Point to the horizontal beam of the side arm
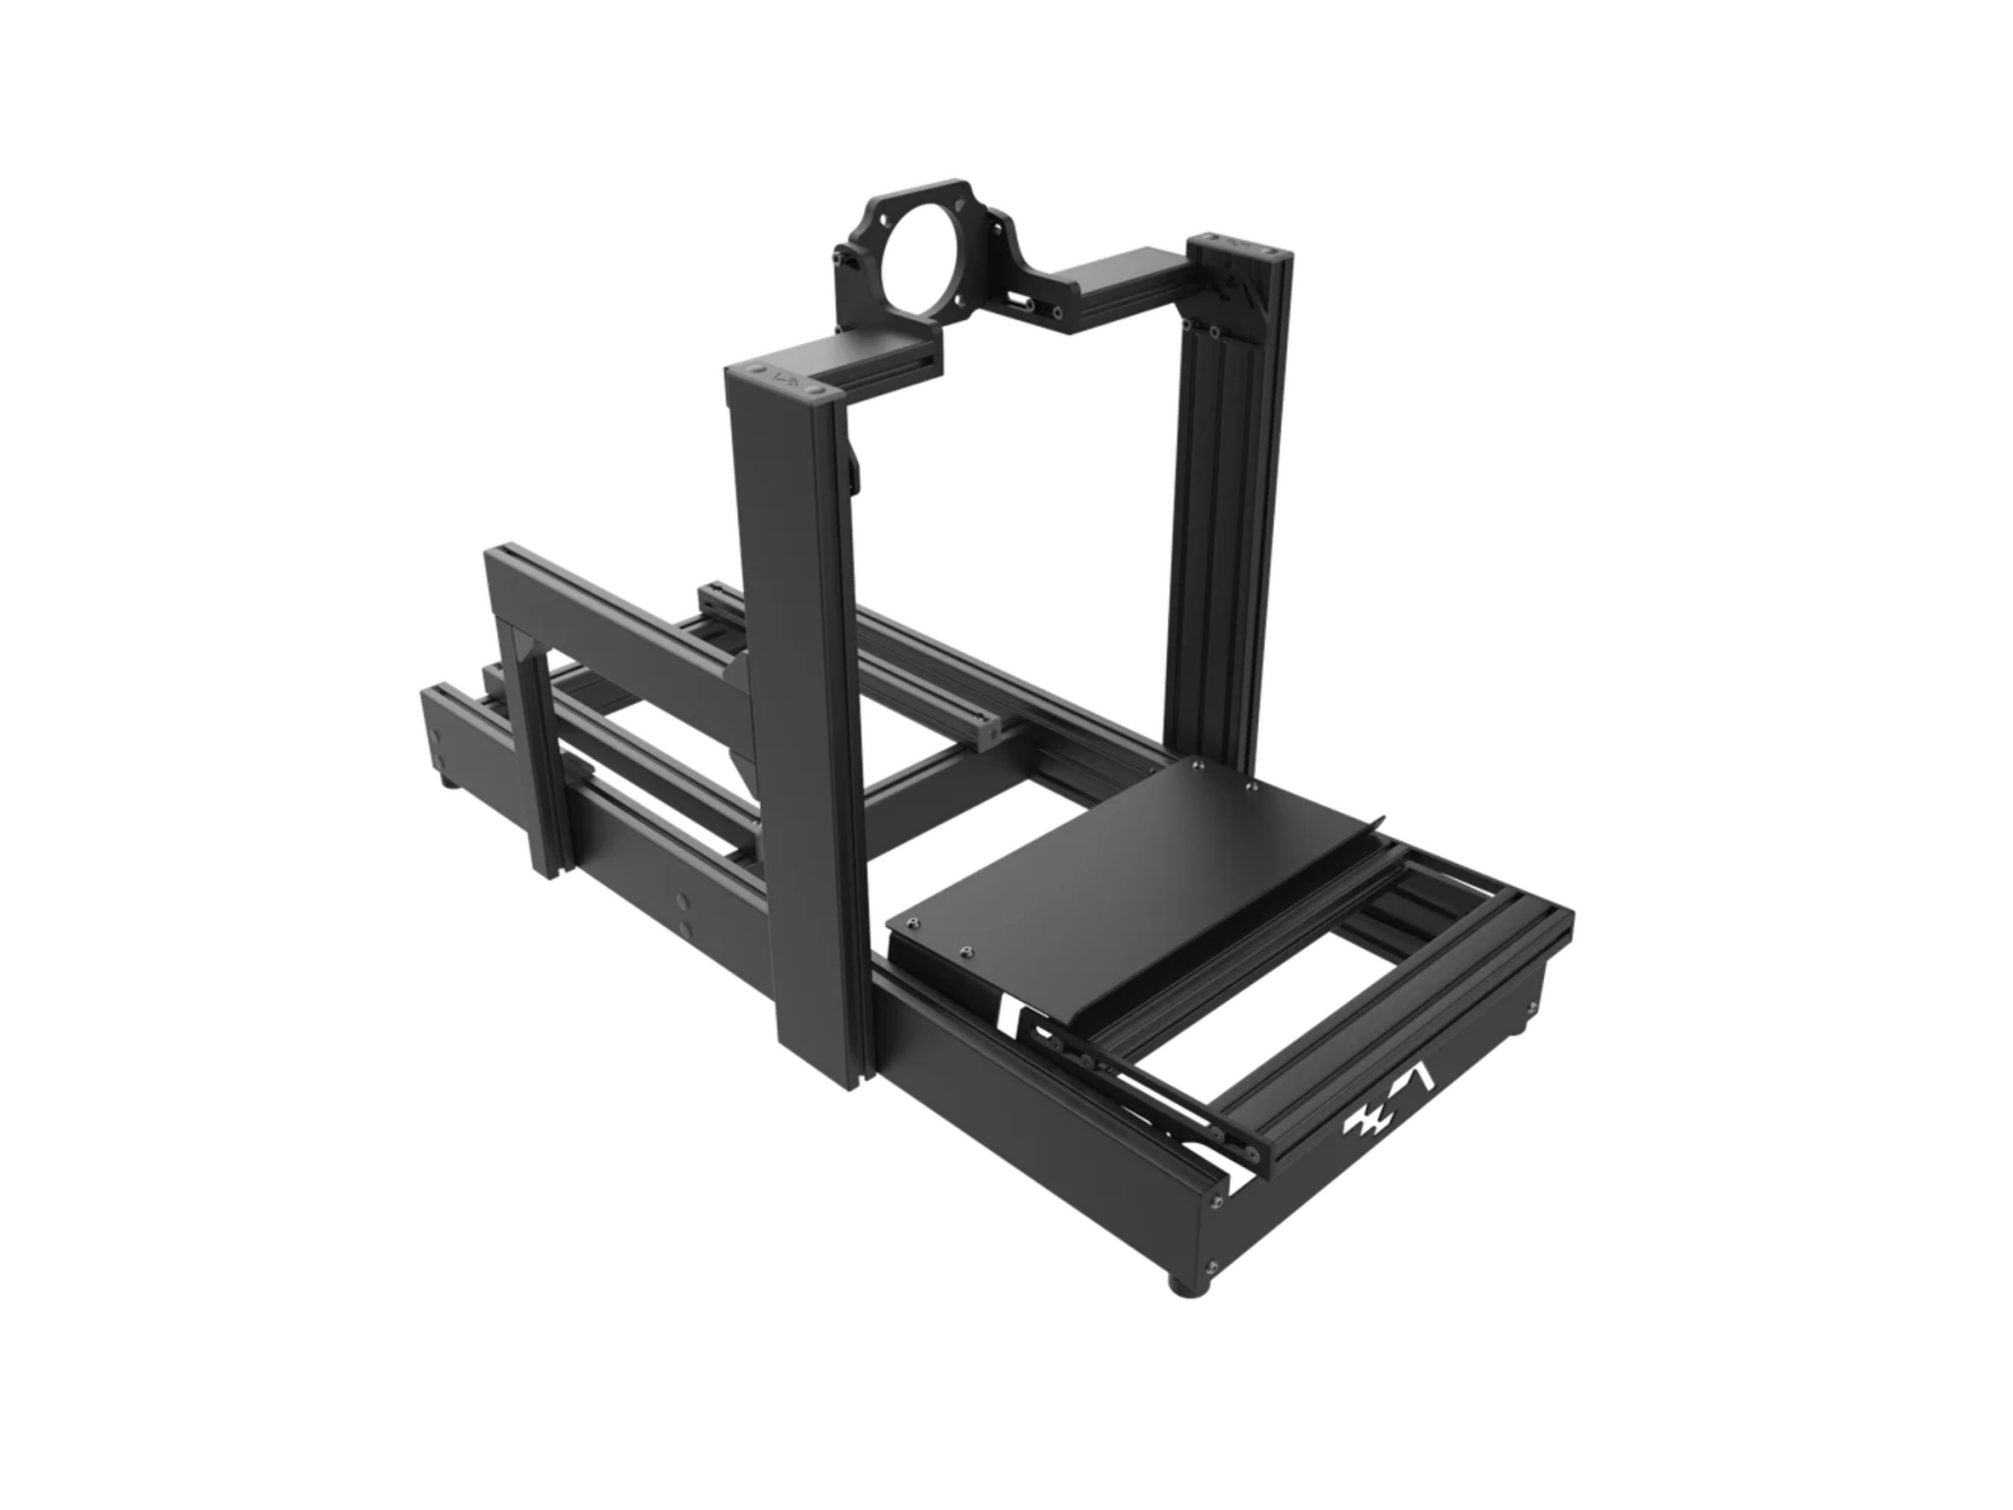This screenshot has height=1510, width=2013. point(629,629)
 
